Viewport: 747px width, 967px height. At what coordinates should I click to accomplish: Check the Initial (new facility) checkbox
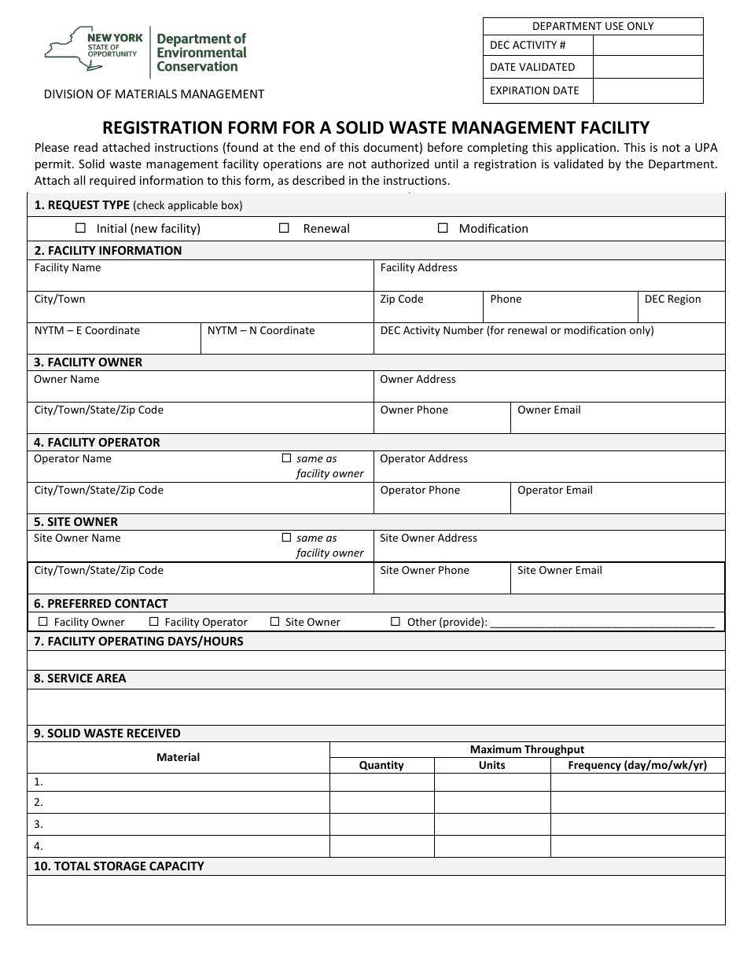tap(80, 228)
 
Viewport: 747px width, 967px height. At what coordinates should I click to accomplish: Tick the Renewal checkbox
tap(285, 228)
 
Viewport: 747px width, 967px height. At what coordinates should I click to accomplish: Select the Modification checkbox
tap(443, 228)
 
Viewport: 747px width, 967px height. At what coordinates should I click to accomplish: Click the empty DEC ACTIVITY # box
tap(647, 45)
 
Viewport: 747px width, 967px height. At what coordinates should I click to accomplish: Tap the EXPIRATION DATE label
tap(534, 90)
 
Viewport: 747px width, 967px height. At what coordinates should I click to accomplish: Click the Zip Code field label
tap(401, 299)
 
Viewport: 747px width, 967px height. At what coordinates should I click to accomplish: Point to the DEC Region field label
tap(672, 299)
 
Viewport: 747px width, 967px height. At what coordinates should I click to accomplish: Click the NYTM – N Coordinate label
tap(261, 330)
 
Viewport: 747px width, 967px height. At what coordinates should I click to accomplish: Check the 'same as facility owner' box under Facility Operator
tap(286, 458)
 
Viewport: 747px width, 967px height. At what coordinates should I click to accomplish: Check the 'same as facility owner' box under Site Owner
tap(286, 538)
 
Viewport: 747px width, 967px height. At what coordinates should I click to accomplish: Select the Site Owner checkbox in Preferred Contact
tap(274, 621)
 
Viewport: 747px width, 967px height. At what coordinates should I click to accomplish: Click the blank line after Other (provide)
tap(602, 623)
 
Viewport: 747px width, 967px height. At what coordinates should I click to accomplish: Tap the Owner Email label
tap(549, 410)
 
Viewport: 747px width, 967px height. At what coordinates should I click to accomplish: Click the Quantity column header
tap(381, 765)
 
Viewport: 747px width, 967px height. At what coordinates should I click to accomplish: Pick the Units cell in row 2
tap(491, 802)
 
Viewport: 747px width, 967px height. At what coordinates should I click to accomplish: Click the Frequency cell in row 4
tap(637, 846)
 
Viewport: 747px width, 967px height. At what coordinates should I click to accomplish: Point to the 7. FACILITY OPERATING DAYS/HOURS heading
tap(138, 642)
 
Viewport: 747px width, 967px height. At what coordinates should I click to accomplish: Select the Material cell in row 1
tap(178, 782)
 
